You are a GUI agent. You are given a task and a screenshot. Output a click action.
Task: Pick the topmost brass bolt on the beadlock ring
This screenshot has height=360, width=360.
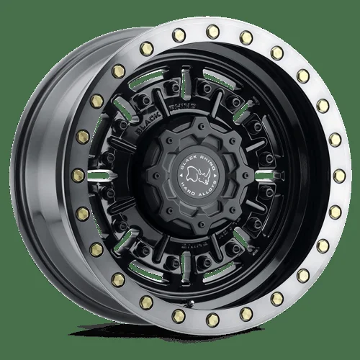214,31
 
